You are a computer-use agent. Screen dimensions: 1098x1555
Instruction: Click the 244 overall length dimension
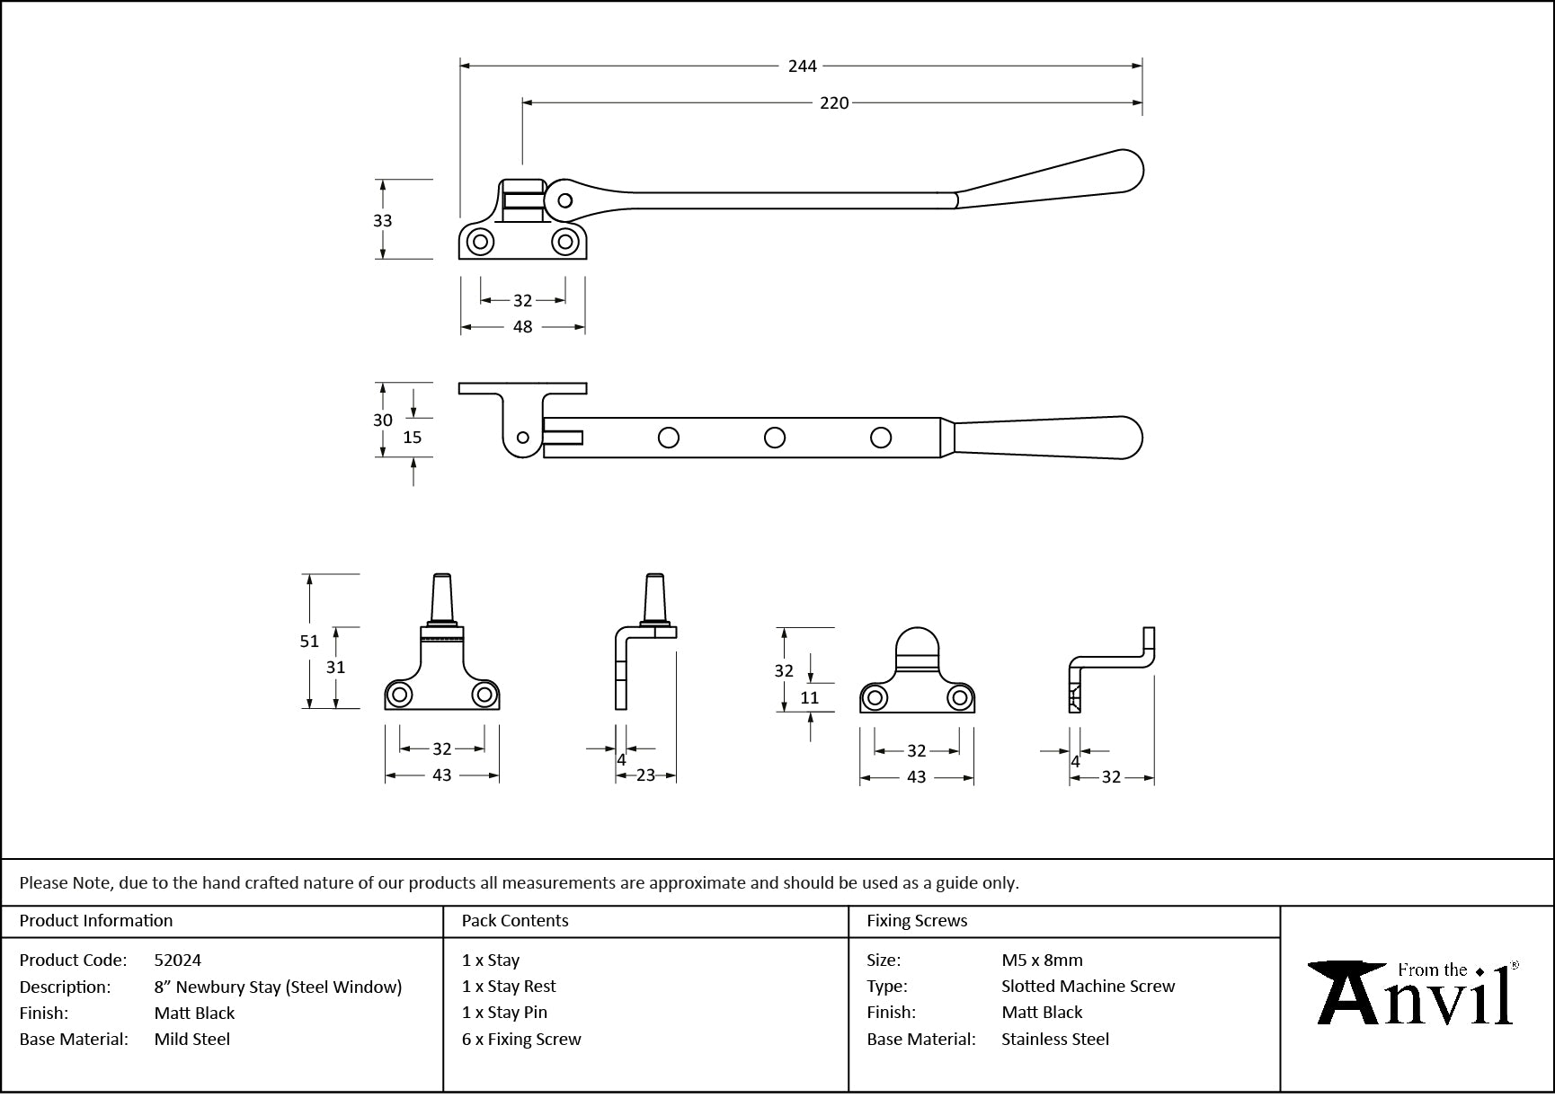pos(802,66)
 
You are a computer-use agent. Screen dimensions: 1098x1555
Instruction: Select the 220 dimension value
pos(833,103)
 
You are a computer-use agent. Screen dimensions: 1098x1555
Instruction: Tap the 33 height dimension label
pos(382,220)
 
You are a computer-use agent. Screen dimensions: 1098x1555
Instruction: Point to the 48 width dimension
pos(522,327)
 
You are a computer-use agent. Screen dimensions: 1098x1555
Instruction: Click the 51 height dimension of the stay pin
pos(309,641)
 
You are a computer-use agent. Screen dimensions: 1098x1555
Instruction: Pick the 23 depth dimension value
pos(645,775)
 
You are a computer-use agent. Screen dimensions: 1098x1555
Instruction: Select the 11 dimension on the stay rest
pos(809,697)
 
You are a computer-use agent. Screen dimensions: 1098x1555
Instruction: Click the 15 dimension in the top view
pos(412,438)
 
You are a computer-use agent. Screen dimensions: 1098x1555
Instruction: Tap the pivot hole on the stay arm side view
pos(564,200)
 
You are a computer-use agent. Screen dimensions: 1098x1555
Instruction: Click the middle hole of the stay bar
pos(774,438)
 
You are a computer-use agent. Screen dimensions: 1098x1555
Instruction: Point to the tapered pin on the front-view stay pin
pos(442,597)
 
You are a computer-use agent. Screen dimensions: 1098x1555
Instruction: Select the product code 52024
pos(178,960)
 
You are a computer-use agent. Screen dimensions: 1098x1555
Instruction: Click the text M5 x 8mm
pos(1042,960)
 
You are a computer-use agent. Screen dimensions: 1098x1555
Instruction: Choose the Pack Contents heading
pos(515,920)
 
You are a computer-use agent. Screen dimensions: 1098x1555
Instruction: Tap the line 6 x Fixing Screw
pos(521,1039)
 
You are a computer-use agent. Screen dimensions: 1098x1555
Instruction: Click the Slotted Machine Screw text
pos(1088,986)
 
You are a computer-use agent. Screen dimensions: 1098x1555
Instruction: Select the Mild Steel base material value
pos(192,1039)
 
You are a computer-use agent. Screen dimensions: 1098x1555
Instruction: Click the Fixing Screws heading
pos(917,920)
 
